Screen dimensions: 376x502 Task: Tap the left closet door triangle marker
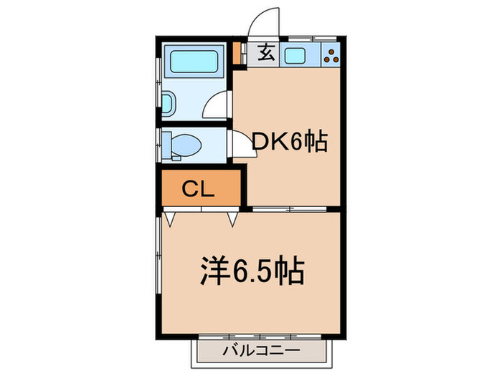point(170,216)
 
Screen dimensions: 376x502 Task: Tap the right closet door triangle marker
point(232,216)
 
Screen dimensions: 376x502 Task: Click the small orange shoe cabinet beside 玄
point(237,53)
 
